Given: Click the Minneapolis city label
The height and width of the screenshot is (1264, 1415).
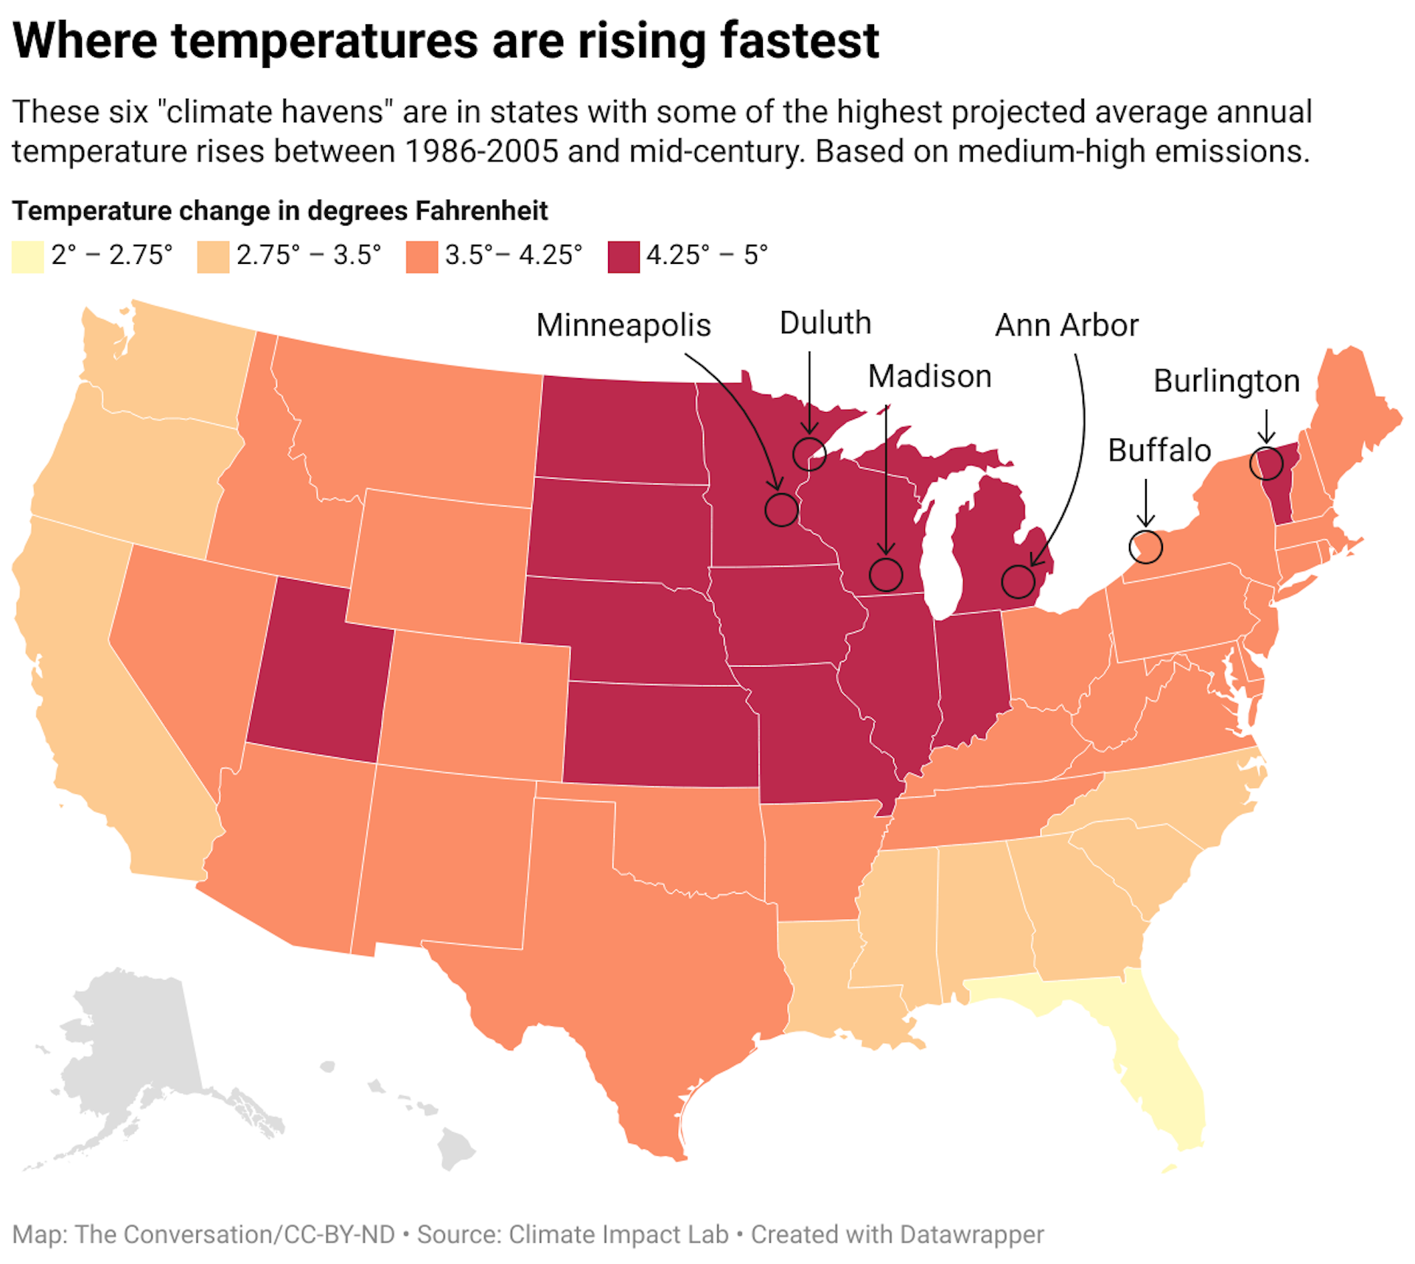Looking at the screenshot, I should (623, 325).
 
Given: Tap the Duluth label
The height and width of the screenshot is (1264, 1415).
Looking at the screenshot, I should (825, 323).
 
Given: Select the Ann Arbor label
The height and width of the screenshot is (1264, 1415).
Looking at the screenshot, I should (1066, 325).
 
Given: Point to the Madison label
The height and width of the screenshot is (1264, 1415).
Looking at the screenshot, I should (929, 376).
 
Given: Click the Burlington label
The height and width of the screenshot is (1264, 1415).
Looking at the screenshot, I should (1226, 381).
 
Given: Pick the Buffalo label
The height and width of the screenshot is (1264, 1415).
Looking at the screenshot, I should (1159, 450).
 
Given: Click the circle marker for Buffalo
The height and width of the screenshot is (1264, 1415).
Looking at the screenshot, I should (1145, 546).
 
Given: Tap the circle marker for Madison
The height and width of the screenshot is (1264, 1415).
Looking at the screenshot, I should (885, 574).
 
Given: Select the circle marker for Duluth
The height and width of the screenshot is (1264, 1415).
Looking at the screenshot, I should (809, 453).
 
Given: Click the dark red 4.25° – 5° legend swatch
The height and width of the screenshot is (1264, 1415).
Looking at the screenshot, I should (623, 257).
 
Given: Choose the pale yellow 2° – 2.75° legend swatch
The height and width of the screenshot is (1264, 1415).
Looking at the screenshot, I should (28, 257).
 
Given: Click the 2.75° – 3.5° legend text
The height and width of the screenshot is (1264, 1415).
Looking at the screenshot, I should (308, 255).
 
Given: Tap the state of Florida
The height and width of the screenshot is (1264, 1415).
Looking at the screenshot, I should (1164, 1069).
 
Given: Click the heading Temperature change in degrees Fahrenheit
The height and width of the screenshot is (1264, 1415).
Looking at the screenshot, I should (280, 211).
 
